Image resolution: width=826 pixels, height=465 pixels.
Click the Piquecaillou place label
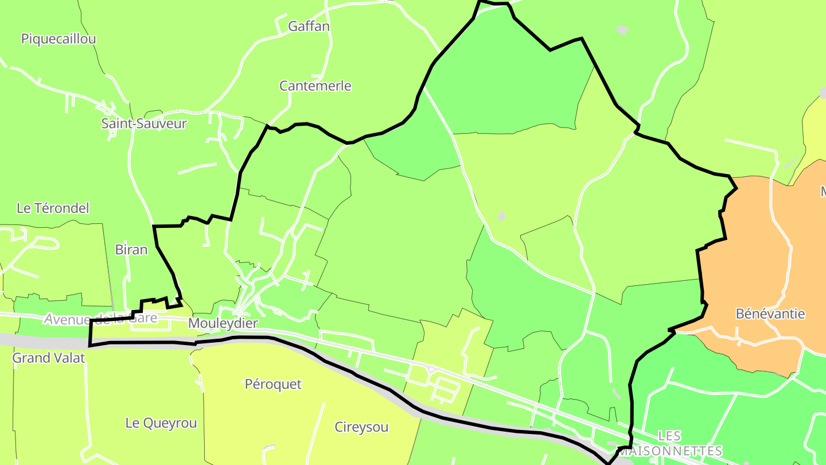59,39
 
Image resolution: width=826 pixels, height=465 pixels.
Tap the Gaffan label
309,26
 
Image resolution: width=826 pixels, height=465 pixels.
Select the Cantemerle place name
315,86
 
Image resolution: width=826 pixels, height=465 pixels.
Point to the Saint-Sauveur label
144,123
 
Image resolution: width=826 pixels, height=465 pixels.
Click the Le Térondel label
53,208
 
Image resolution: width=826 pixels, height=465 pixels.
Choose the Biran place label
131,250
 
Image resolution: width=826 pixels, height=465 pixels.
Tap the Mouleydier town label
223,324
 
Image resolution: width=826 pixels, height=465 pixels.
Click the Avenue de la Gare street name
100,319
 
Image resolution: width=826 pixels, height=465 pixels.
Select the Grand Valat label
49,358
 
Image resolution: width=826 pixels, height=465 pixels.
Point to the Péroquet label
273,384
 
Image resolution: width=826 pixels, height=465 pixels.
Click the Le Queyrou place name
161,424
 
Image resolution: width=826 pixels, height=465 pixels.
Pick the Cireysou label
361,427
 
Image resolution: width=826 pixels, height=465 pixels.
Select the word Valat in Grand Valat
68,358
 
